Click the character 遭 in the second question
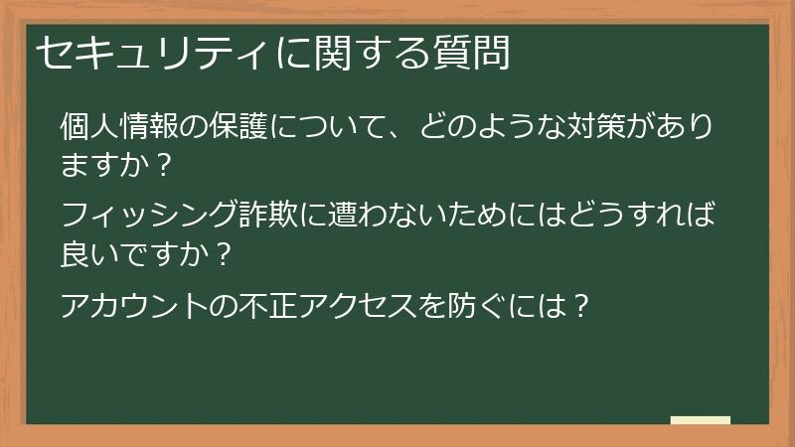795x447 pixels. pos(341,216)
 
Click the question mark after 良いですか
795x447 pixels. pos(225,252)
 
